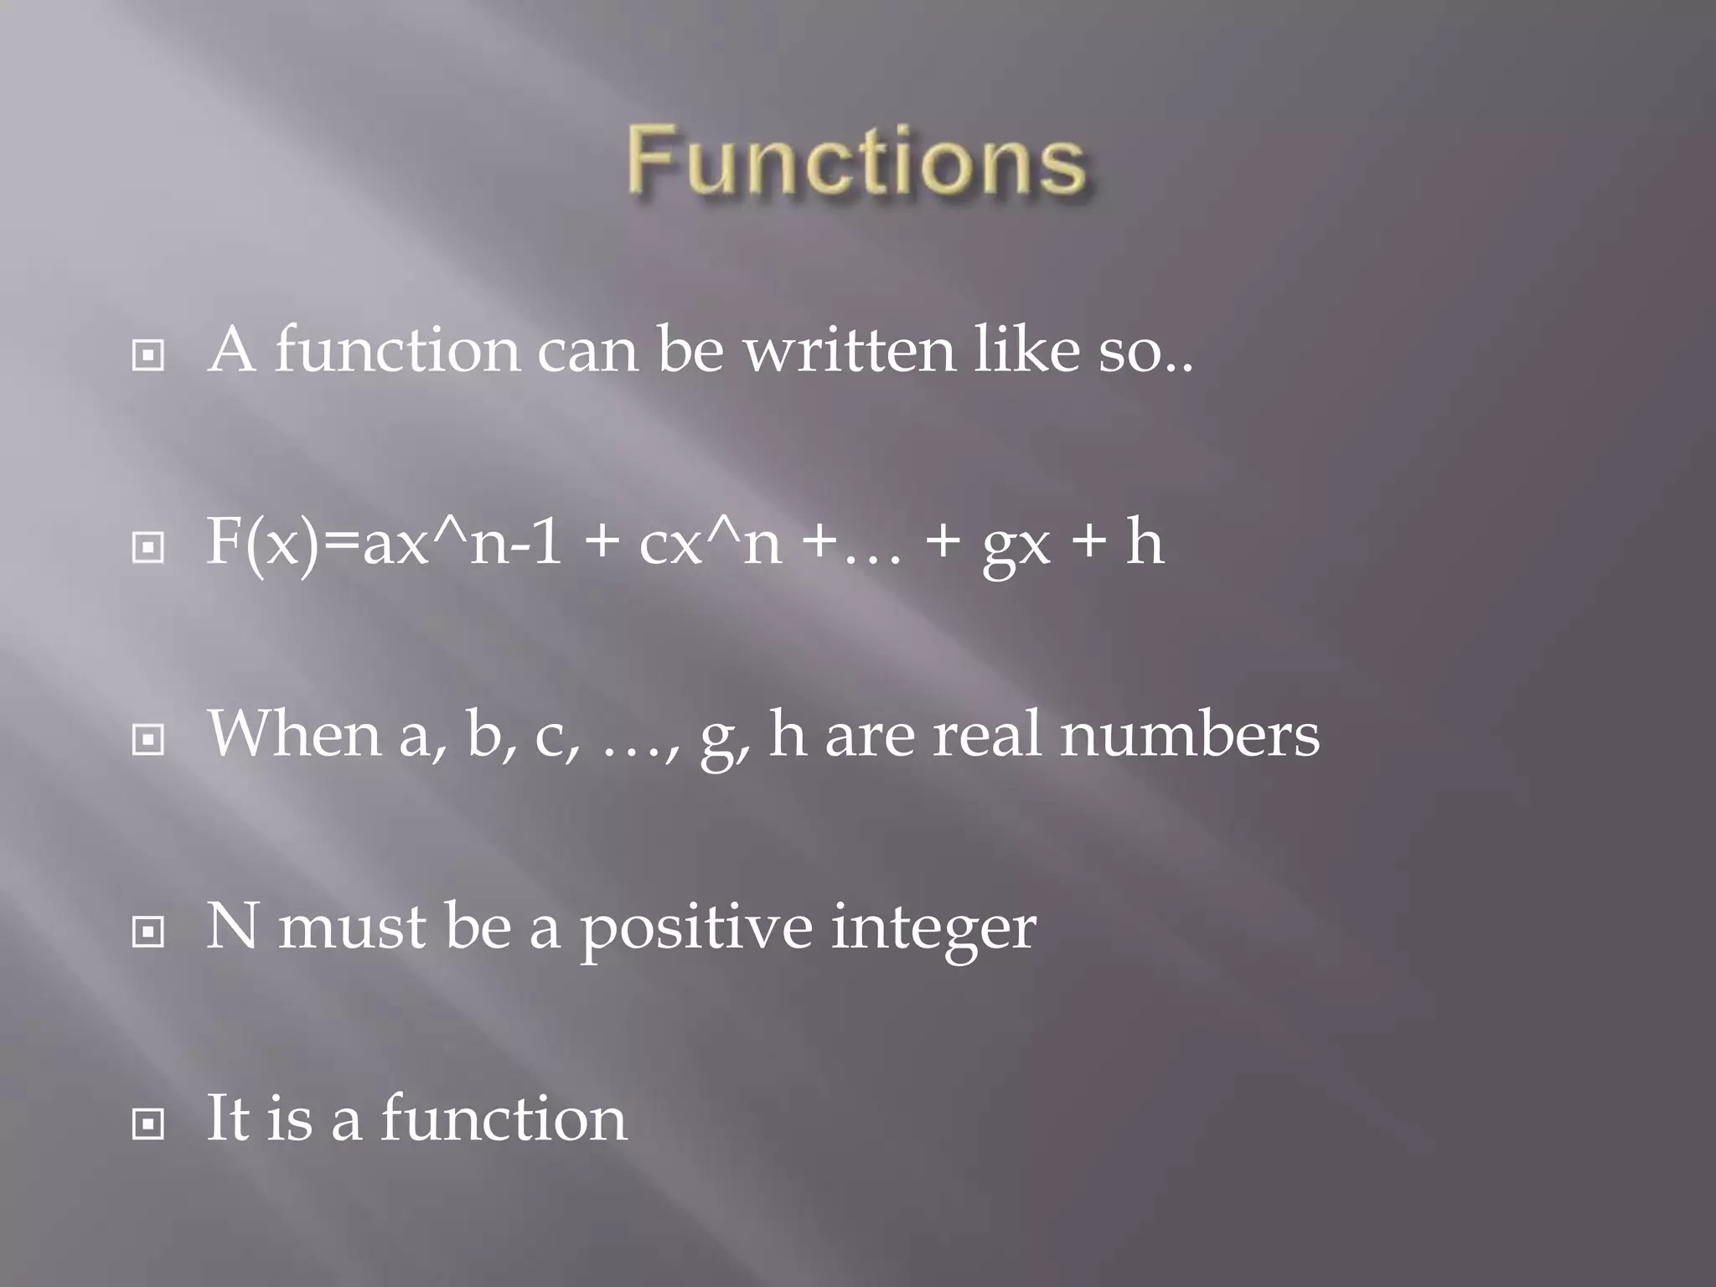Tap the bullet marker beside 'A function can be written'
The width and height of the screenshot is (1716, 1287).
[148, 355]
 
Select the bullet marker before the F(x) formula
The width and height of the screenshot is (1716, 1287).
[148, 547]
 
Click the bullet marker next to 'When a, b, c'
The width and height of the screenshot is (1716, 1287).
[148, 739]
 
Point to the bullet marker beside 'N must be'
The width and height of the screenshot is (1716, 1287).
[148, 931]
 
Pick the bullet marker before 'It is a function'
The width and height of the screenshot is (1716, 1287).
[148, 1124]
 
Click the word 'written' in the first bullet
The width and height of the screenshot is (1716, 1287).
[850, 350]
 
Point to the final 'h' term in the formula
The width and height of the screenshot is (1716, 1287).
[1145, 542]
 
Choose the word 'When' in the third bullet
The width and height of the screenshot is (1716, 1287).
[294, 734]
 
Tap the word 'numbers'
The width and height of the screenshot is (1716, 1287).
[1190, 734]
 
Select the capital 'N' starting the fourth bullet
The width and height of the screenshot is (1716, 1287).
[231, 926]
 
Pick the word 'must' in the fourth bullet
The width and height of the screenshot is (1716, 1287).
[352, 927]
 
